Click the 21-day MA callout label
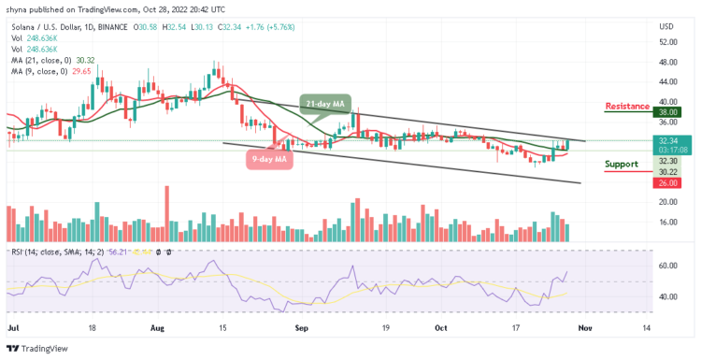click(x=321, y=101)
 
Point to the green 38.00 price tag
click(x=668, y=112)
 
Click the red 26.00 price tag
click(x=668, y=182)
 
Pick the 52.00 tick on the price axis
click(x=667, y=42)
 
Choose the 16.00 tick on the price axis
click(x=667, y=223)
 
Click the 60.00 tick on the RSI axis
click(x=667, y=266)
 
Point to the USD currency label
click(x=667, y=26)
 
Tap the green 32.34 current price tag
click(x=668, y=138)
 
